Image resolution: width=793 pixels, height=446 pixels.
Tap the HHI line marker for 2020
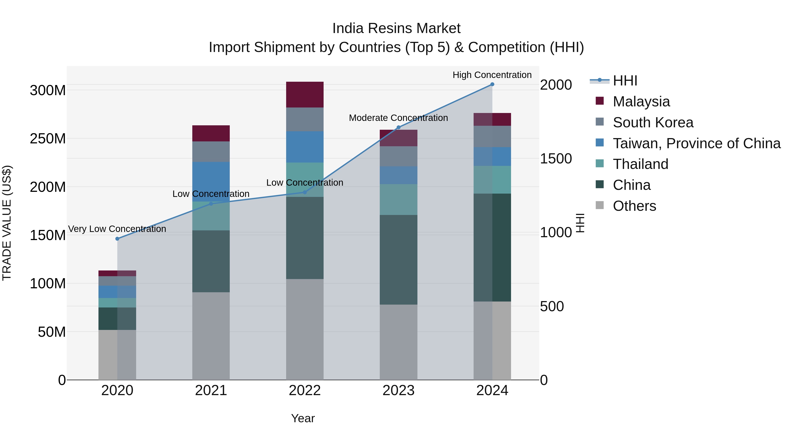pyautogui.click(x=117, y=239)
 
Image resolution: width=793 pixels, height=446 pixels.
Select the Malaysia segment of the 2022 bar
pyautogui.click(x=305, y=94)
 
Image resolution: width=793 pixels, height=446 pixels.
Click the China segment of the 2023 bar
pyautogui.click(x=398, y=260)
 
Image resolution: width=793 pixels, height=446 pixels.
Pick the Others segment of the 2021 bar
pyautogui.click(x=211, y=336)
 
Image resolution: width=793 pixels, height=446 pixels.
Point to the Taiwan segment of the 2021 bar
pyautogui.click(x=211, y=182)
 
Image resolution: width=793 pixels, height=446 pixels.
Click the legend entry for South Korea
pyautogui.click(x=653, y=122)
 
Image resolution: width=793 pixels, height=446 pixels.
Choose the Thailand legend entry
pyautogui.click(x=640, y=164)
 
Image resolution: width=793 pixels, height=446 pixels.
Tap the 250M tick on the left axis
pyautogui.click(x=48, y=139)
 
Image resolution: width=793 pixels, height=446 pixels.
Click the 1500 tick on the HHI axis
pyautogui.click(x=556, y=159)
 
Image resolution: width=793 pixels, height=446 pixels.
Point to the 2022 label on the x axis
pyautogui.click(x=305, y=390)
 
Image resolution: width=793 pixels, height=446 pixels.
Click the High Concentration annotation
pyautogui.click(x=492, y=75)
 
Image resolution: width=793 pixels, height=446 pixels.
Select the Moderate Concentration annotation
pyautogui.click(x=398, y=118)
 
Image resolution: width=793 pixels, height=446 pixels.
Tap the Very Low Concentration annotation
pyautogui.click(x=117, y=229)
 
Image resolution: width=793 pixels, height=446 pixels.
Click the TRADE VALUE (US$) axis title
pyautogui.click(x=7, y=223)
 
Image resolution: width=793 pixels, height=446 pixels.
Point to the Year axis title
pyautogui.click(x=303, y=418)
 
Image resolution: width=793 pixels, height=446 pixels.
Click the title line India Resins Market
pyautogui.click(x=396, y=28)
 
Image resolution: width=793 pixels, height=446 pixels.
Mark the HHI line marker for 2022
pyautogui.click(x=305, y=192)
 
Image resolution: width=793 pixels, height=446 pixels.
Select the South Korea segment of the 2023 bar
pyautogui.click(x=398, y=156)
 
